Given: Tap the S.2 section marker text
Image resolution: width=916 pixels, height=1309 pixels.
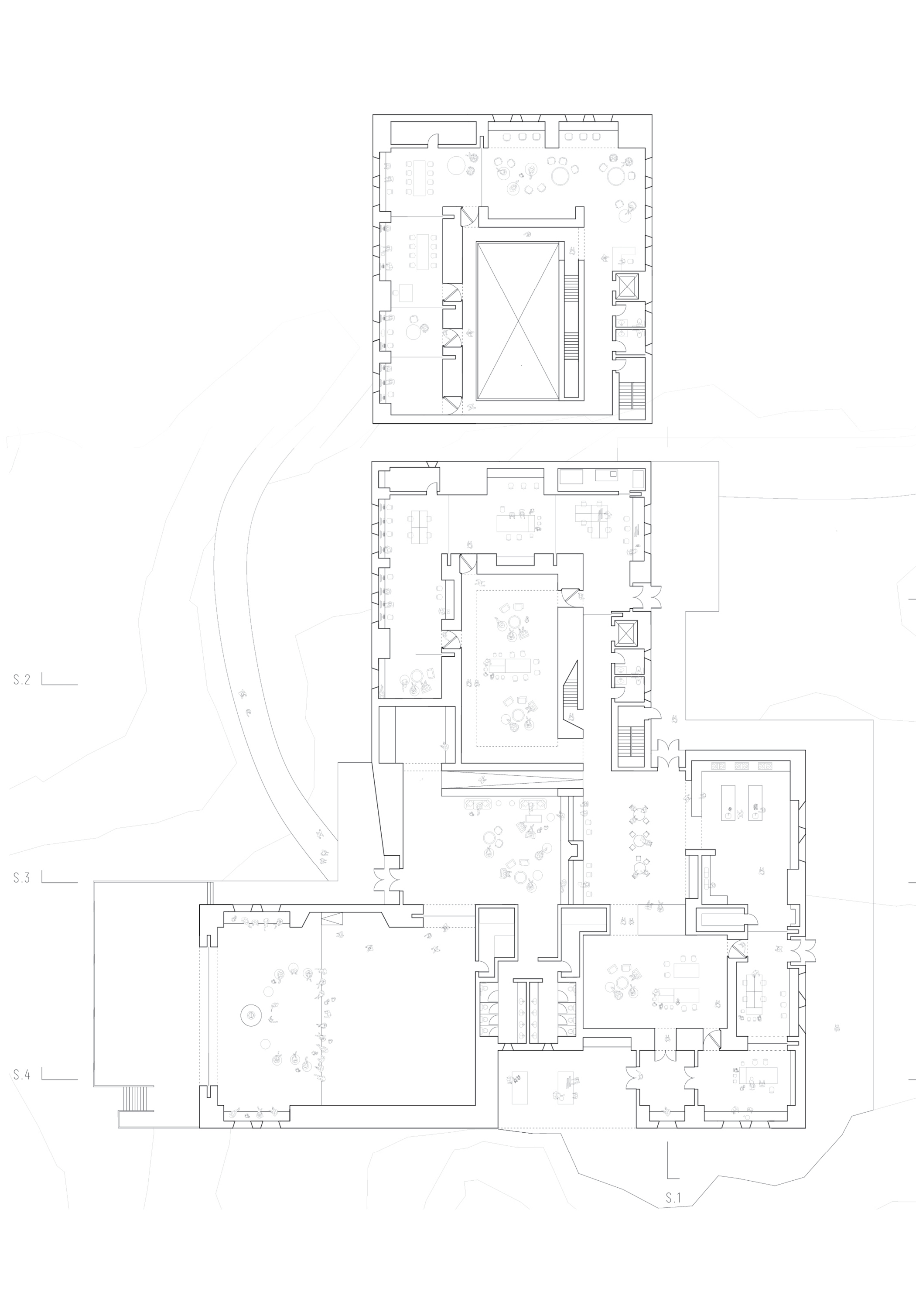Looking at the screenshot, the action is [22, 679].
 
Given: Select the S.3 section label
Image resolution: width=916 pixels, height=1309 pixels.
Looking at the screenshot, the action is [22, 878].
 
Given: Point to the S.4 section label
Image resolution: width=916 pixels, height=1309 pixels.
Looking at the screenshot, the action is [22, 1075].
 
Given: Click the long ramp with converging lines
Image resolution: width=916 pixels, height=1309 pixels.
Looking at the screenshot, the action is [513, 779].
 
